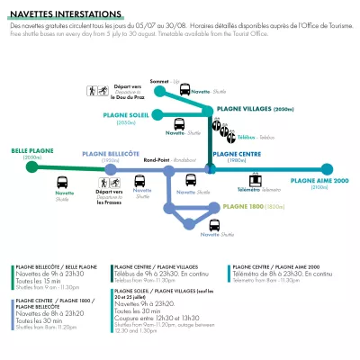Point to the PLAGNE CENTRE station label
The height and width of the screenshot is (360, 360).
click(238, 152)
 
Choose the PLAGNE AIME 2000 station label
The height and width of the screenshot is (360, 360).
click(320, 180)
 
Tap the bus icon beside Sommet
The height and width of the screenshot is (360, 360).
click(184, 89)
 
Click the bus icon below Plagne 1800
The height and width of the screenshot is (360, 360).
click(214, 225)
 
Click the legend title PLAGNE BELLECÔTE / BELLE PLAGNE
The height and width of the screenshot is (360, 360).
click(57, 267)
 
